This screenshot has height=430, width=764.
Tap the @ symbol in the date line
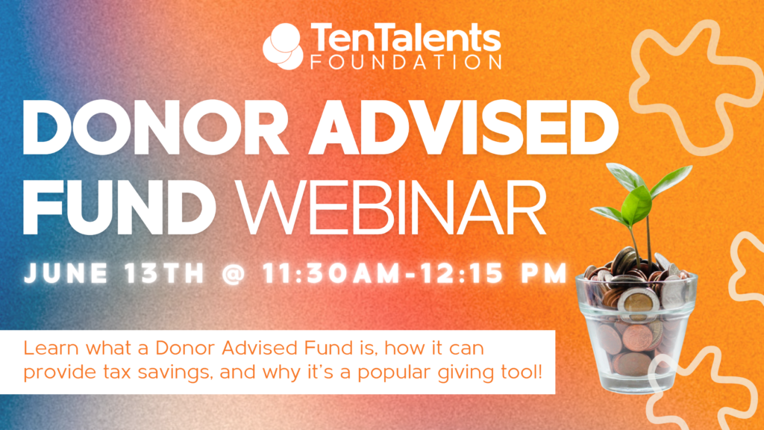(x=234, y=273)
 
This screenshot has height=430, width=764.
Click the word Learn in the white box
(x=46, y=349)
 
